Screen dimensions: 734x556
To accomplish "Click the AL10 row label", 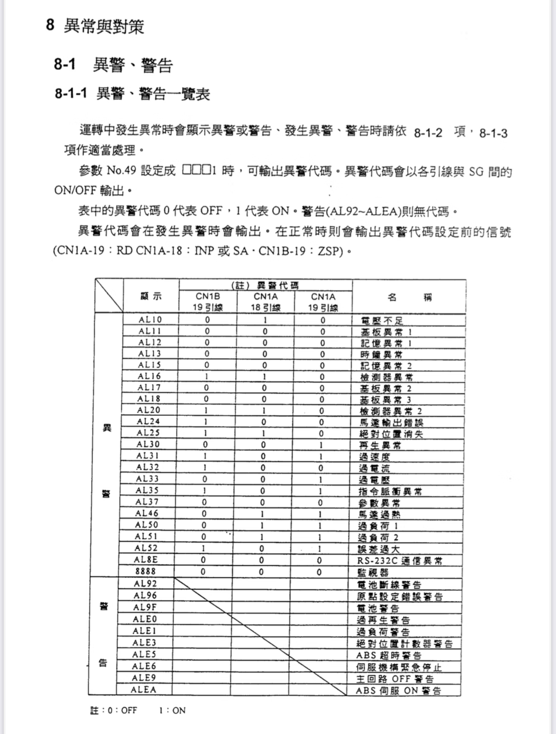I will click(x=150, y=320).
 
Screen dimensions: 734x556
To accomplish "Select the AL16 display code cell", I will click(x=149, y=376).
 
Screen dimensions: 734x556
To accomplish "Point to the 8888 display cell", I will click(x=146, y=571).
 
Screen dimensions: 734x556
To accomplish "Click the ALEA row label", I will click(x=144, y=690).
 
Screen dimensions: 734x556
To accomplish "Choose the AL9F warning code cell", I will click(x=145, y=607).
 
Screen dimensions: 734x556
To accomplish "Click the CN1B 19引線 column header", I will click(x=208, y=302).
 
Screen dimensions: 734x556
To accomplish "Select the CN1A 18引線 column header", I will click(x=266, y=302).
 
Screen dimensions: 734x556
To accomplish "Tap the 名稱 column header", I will click(x=409, y=297).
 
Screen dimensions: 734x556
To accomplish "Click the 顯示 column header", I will click(x=151, y=296).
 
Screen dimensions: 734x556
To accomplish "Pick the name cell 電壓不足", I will click(x=382, y=320).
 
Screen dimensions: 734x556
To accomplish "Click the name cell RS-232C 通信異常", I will click(x=400, y=560).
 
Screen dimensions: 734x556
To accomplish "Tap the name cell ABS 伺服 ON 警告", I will click(x=398, y=690).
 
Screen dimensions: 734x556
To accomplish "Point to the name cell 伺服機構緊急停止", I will click(x=399, y=667).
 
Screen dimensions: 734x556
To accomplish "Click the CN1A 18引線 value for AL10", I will click(x=265, y=320).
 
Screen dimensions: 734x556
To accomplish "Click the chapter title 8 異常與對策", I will click(x=95, y=26).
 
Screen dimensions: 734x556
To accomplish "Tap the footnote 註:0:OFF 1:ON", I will click(x=137, y=710).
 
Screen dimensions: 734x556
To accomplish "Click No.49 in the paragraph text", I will click(x=121, y=171).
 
